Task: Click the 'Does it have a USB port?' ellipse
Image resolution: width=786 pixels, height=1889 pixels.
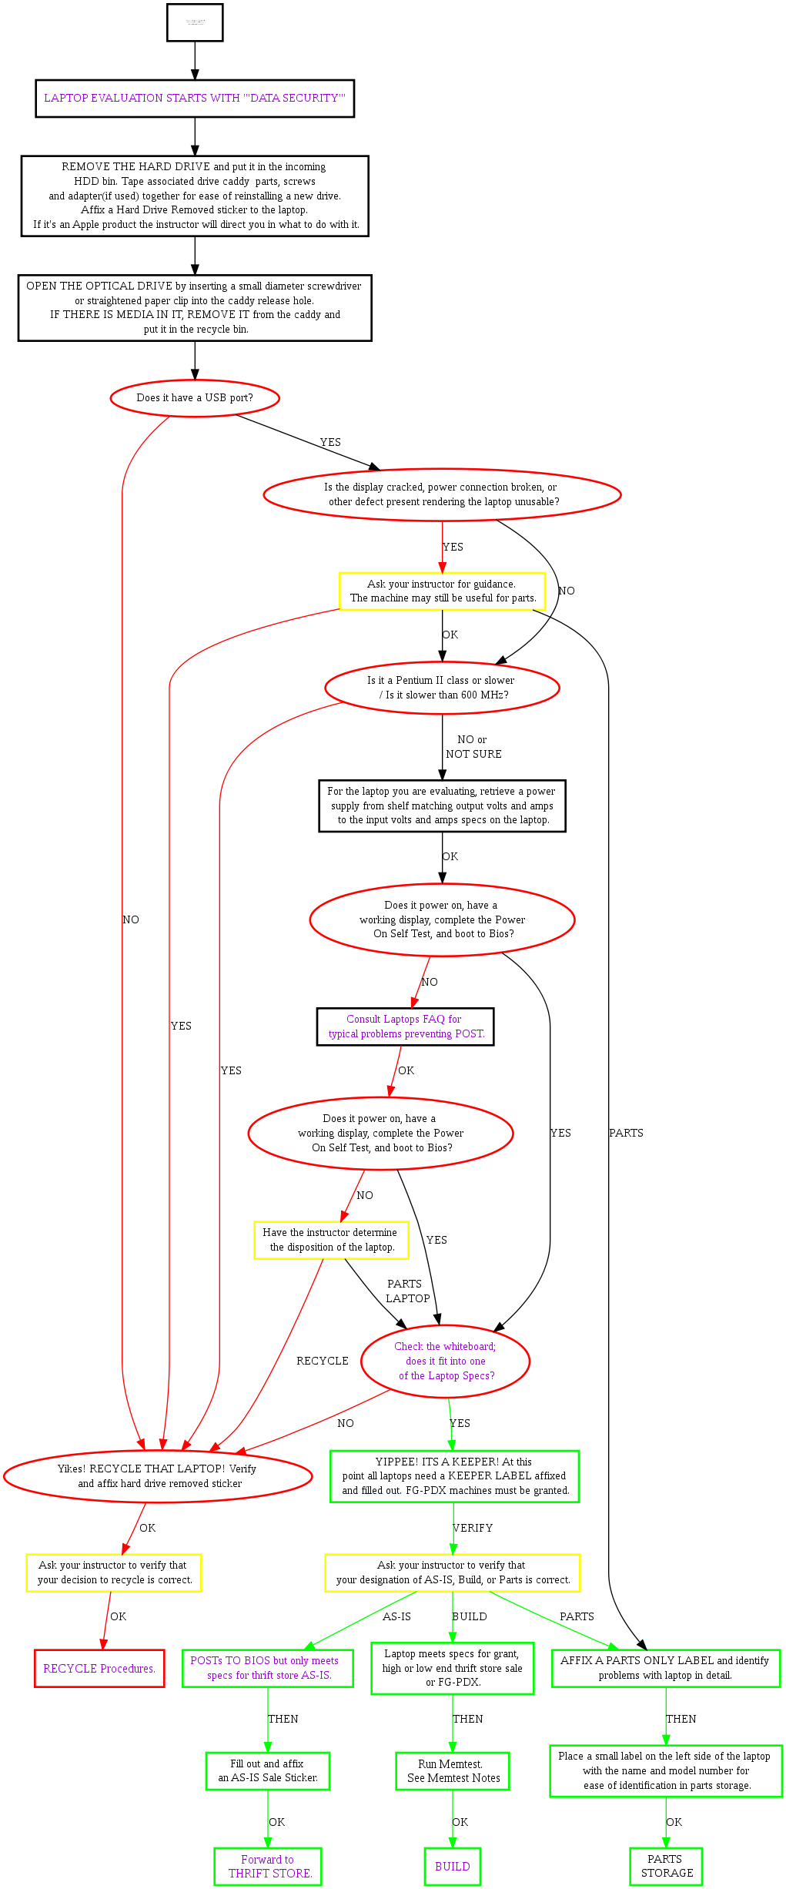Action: (195, 398)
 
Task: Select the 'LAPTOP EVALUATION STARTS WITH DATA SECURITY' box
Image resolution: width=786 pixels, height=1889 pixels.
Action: (195, 99)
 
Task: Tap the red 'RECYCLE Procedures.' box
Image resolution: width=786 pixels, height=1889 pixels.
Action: (99, 1668)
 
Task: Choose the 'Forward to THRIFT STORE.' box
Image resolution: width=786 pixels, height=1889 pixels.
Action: (268, 1866)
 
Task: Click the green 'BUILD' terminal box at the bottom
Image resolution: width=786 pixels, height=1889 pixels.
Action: (453, 1866)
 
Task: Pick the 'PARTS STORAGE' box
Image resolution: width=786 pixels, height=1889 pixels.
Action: (666, 1866)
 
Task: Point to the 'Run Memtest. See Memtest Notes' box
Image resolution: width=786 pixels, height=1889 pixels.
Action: (453, 1771)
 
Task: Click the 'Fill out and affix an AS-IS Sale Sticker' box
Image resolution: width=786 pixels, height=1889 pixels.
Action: (268, 1771)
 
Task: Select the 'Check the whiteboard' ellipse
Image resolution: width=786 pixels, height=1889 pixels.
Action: (445, 1361)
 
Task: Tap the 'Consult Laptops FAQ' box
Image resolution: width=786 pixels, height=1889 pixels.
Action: (406, 1027)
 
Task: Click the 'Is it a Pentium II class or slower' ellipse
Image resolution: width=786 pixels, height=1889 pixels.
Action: (442, 688)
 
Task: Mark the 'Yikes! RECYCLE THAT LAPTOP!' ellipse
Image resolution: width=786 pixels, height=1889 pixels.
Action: (158, 1475)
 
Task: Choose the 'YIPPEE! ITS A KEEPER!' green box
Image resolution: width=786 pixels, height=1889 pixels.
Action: (454, 1476)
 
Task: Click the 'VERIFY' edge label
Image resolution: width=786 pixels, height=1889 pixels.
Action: (473, 1528)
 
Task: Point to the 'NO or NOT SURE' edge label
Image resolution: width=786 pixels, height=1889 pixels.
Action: (473, 747)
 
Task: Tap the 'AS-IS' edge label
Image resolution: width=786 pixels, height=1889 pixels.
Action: (396, 1616)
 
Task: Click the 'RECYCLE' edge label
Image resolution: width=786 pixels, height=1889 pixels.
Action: (323, 1361)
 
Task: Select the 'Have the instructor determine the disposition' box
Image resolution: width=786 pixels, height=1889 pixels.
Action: (331, 1240)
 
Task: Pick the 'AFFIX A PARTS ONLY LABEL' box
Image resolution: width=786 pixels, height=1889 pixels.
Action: (666, 1668)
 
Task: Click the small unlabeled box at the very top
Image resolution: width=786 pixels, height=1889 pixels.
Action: (195, 22)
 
